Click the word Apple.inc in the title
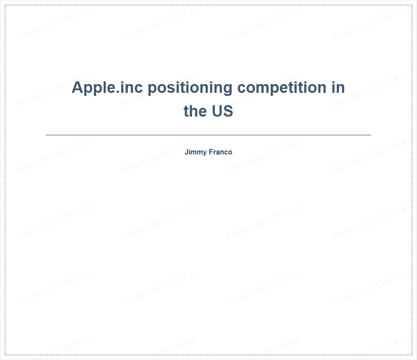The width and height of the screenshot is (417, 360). point(107,88)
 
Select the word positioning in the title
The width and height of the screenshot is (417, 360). point(190,88)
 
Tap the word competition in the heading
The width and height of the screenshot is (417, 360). point(282,88)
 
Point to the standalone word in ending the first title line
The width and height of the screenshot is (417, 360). point(338,87)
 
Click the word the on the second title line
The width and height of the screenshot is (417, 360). point(195,111)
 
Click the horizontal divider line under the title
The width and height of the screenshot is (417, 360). point(208,135)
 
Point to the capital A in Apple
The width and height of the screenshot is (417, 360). point(77,87)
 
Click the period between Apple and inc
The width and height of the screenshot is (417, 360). point(118,92)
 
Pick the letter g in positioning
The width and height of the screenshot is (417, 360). point(227,89)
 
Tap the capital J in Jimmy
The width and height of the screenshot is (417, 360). point(187,152)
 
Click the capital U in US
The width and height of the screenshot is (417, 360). point(217,111)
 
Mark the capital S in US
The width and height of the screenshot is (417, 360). point(228,111)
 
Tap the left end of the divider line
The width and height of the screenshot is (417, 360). point(46,135)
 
